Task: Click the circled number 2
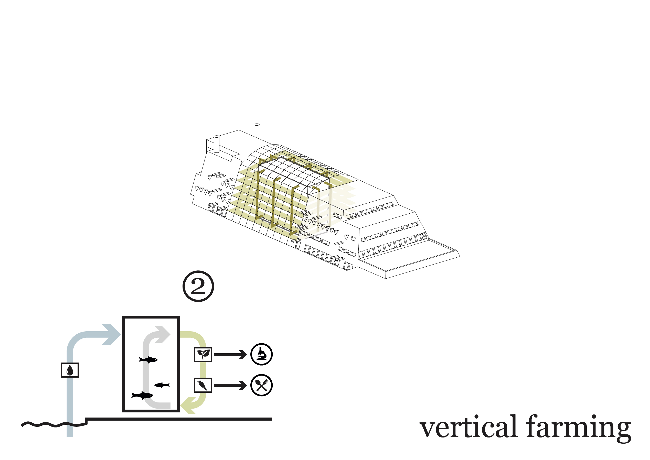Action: tap(198, 286)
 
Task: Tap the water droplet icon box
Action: tap(70, 370)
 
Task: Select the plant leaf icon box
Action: tap(203, 354)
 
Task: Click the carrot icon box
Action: tap(203, 385)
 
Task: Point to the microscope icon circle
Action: tap(261, 354)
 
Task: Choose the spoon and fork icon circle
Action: tap(261, 385)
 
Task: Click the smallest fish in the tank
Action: tap(162, 385)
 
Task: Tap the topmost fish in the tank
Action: tap(148, 360)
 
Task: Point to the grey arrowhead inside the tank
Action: tap(163, 334)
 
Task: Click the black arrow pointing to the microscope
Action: tap(230, 355)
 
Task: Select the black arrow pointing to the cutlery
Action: tap(230, 385)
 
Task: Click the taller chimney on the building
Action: tap(257, 131)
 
